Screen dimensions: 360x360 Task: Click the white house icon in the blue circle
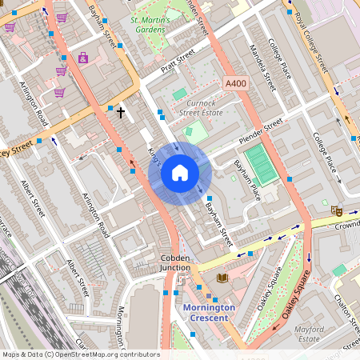(180, 173)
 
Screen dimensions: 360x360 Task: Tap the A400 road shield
(235, 83)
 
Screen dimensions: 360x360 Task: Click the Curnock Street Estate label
(200, 109)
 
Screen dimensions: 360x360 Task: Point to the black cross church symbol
(121, 112)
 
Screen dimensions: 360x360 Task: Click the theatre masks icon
(338, 210)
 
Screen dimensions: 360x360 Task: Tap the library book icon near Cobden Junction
(222, 278)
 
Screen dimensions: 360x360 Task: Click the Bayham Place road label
(246, 178)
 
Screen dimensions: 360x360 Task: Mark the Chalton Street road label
(346, 316)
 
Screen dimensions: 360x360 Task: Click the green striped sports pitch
(259, 164)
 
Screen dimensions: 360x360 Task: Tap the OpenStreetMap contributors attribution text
(80, 354)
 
